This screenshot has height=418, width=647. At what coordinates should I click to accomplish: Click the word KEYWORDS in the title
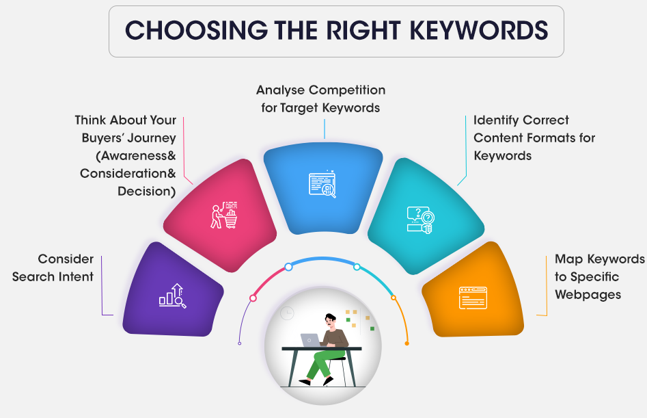pos(479,31)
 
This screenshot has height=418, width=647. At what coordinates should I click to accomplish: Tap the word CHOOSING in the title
pos(196,31)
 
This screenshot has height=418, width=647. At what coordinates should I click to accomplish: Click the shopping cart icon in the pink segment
pos(224,215)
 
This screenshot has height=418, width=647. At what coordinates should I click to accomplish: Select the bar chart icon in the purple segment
pos(172,296)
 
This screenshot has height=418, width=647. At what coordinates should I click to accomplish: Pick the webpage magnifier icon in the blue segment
pos(322,184)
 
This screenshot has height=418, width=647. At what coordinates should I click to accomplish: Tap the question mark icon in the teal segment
pos(420,220)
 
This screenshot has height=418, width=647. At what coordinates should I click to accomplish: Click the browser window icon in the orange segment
pos(473,298)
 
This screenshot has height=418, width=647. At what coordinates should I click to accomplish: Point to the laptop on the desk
pos(310,340)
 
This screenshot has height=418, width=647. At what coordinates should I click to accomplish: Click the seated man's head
pos(331,320)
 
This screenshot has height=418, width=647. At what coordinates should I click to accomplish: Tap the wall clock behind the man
pos(287,313)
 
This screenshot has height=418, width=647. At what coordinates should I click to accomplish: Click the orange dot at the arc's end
pos(407,343)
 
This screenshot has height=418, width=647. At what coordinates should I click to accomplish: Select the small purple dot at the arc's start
pos(239,343)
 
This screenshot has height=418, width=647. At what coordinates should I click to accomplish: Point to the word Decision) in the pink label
pos(147,192)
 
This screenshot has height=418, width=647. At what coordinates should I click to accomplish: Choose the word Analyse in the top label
pos(281,90)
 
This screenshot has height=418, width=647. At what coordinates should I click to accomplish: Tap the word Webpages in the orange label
pos(588,294)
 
